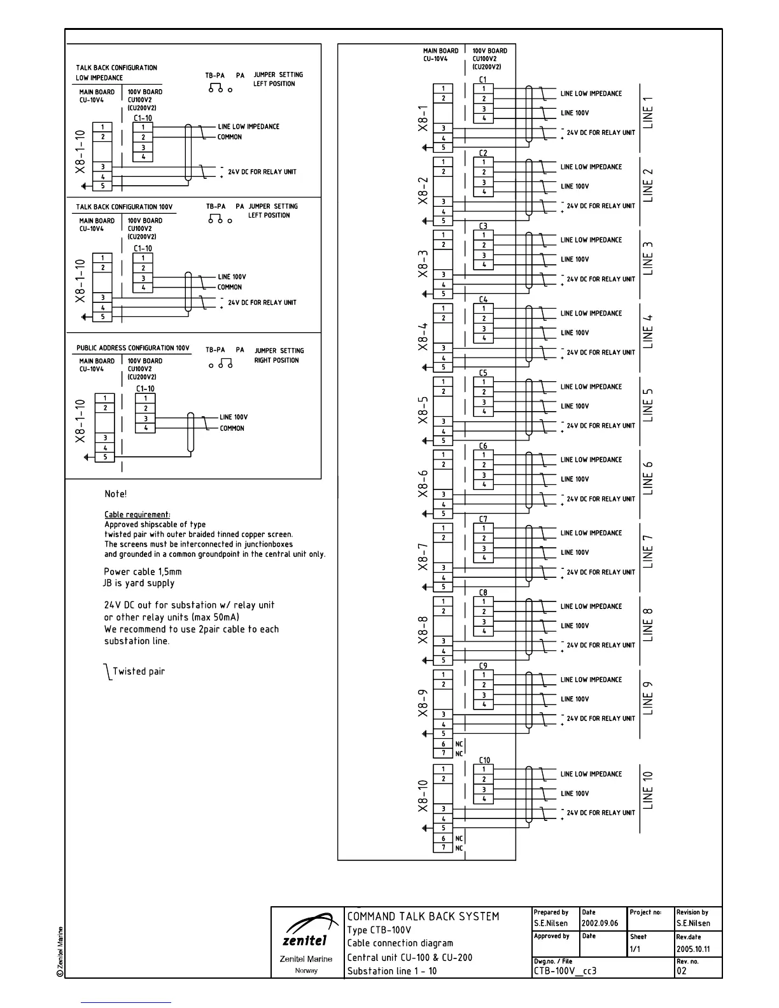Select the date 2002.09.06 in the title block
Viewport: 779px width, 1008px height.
click(599, 923)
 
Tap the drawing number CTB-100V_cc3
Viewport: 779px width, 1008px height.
click(565, 971)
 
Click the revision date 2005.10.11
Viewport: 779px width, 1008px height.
click(693, 949)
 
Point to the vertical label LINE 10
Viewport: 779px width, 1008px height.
click(648, 790)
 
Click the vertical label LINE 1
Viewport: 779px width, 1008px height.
click(648, 113)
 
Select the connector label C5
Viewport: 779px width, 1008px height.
click(483, 373)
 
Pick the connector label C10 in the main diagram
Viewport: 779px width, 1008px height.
click(484, 760)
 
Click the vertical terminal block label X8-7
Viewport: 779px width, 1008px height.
click(423, 557)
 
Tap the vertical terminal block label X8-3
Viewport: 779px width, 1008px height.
click(423, 263)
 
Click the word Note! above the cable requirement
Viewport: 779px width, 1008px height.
click(116, 494)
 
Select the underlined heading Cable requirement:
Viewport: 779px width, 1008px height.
click(137, 515)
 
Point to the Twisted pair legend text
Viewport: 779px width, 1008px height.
click(138, 671)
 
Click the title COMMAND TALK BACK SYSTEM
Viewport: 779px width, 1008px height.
click(423, 916)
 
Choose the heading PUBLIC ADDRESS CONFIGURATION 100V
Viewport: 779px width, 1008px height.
click(133, 348)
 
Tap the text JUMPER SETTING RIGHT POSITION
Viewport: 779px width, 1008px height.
click(279, 355)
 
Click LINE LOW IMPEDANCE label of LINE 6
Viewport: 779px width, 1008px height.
click(591, 459)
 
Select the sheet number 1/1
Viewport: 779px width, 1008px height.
click(636, 949)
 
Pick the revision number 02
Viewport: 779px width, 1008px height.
click(682, 971)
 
